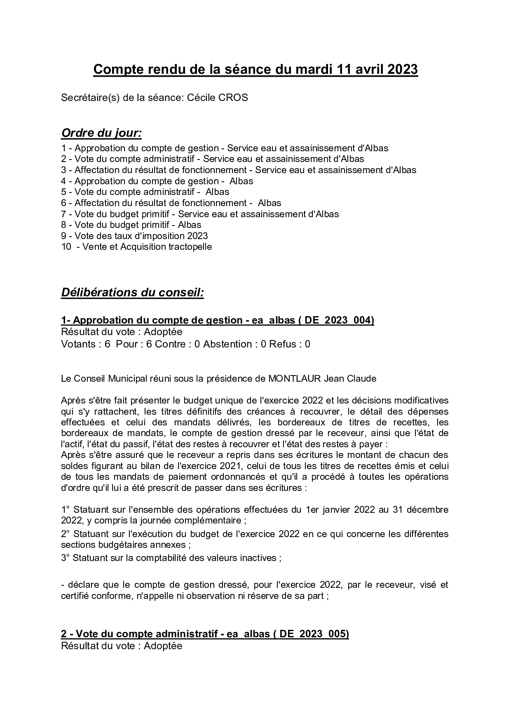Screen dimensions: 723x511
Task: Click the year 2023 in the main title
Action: pos(402,70)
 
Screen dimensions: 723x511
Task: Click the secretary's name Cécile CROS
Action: pos(218,98)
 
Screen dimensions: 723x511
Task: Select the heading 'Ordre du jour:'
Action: pos(101,134)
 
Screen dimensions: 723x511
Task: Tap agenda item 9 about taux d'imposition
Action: pos(135,236)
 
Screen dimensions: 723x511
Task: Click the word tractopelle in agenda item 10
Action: pos(189,247)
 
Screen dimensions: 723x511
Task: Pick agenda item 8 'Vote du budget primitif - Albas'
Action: pos(131,225)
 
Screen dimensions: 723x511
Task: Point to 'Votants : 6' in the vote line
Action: pos(86,344)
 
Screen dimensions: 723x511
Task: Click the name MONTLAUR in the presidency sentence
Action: pos(294,378)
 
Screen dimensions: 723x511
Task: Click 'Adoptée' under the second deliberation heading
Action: pos(163,646)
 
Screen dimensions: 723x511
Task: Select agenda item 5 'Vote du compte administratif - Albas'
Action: pos(145,192)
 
